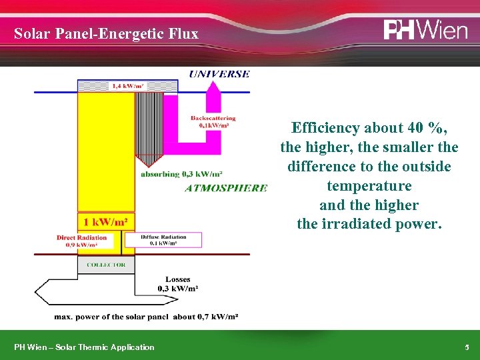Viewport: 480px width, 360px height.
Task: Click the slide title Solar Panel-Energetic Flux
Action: point(106,33)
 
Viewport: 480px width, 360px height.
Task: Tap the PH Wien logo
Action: point(425,30)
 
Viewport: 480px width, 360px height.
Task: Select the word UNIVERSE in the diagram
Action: point(219,74)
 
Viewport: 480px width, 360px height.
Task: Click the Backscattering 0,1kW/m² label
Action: point(213,121)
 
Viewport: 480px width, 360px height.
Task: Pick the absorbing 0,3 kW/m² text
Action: point(181,175)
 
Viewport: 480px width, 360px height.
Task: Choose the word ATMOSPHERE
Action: point(225,188)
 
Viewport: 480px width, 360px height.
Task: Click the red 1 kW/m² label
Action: point(105,221)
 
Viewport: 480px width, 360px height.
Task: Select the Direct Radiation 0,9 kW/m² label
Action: point(81,241)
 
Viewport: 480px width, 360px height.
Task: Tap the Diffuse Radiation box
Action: point(163,240)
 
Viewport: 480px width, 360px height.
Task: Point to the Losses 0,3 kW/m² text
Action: point(177,284)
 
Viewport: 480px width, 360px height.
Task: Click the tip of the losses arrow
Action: point(36,291)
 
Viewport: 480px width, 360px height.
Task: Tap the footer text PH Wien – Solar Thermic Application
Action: point(84,347)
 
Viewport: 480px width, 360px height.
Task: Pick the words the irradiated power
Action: point(369,224)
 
